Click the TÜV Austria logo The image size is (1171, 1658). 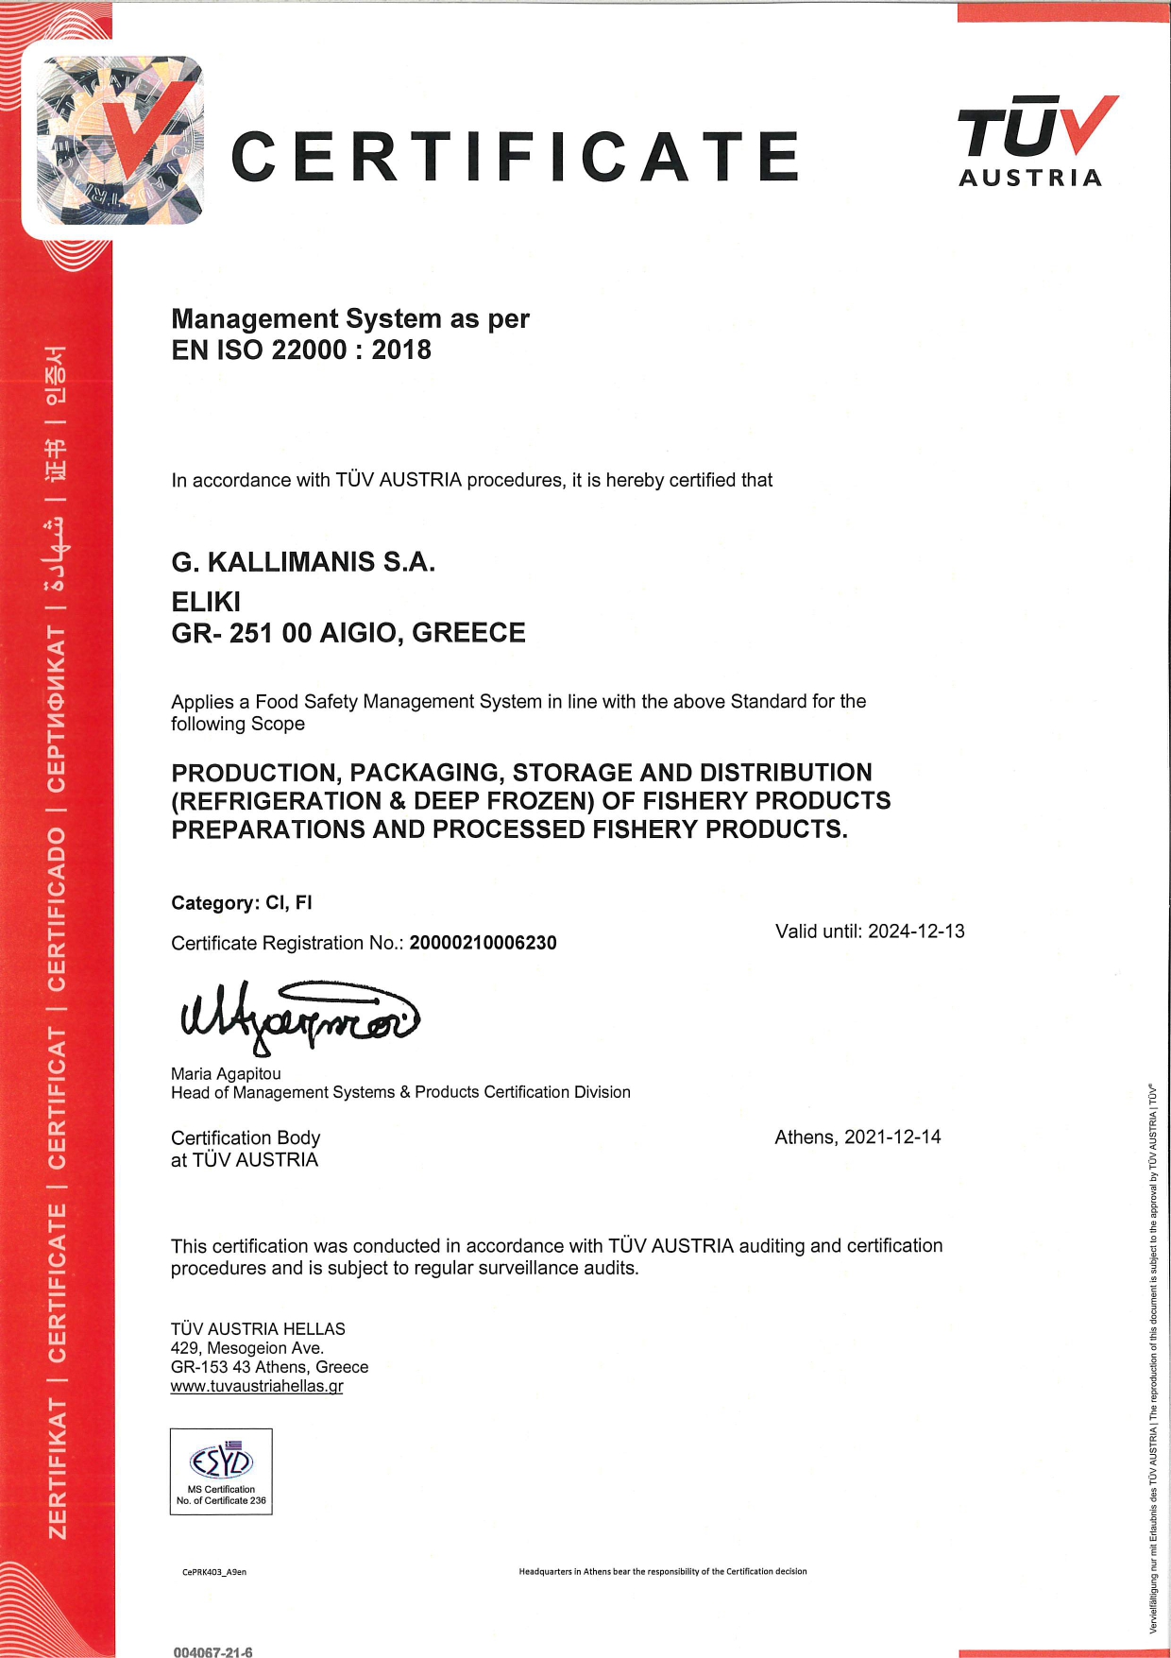pyautogui.click(x=1035, y=141)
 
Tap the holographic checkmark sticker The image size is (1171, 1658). pyautogui.click(x=120, y=141)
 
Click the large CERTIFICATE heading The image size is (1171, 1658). pyautogui.click(x=516, y=157)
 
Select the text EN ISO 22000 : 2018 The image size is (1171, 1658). pyautogui.click(x=301, y=350)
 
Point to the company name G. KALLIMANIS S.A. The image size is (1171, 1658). pyautogui.click(x=303, y=563)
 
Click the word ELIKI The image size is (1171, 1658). pyautogui.click(x=206, y=602)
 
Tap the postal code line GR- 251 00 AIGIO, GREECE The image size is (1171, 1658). pyautogui.click(x=348, y=633)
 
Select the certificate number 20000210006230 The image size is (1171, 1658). pyautogui.click(x=483, y=943)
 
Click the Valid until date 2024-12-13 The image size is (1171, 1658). pyautogui.click(x=916, y=932)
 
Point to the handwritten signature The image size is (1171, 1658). pyautogui.click(x=297, y=1018)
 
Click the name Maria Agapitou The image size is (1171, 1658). pyautogui.click(x=226, y=1074)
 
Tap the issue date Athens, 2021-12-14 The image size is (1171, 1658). pyautogui.click(x=857, y=1137)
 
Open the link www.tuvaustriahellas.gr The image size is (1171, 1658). pyautogui.click(x=257, y=1387)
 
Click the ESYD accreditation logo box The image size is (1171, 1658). pyautogui.click(x=221, y=1471)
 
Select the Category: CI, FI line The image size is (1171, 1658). pyautogui.click(x=242, y=903)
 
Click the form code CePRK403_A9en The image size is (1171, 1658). pyautogui.click(x=214, y=1572)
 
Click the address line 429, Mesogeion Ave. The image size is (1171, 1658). pyautogui.click(x=247, y=1348)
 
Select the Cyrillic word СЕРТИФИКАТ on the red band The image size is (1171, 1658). pyautogui.click(x=58, y=709)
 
